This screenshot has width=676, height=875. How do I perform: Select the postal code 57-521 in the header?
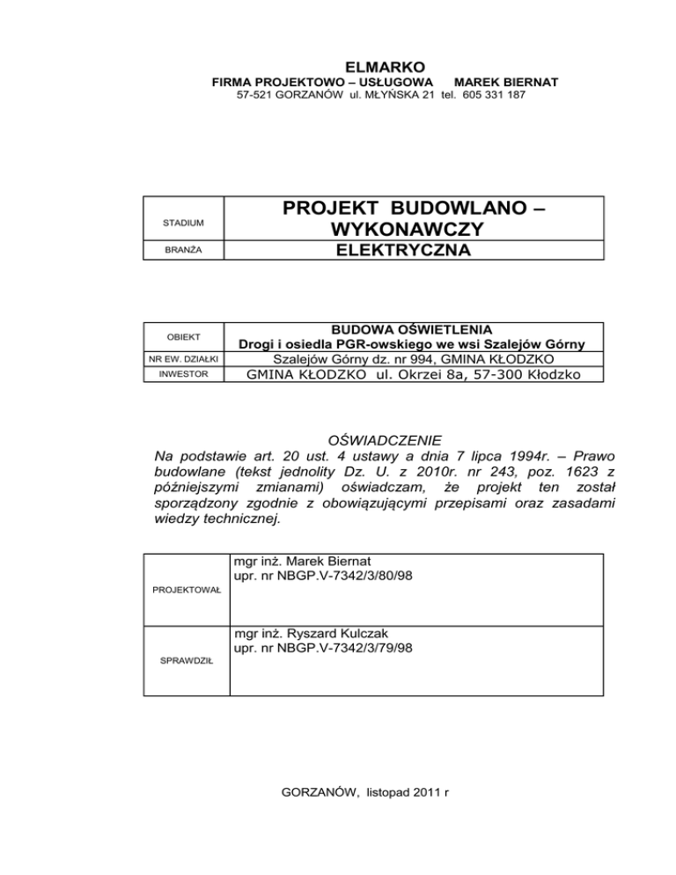click(256, 94)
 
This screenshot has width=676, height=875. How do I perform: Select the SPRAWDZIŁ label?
click(187, 682)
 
